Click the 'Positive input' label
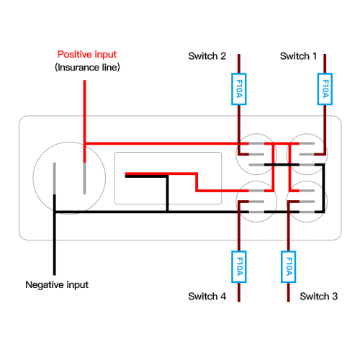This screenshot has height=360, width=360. coord(87,55)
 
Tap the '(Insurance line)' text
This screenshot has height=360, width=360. coord(87,67)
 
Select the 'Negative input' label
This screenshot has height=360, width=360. coord(57,285)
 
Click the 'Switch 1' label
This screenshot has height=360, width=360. coord(298,56)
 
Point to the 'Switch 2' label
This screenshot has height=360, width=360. coord(207,56)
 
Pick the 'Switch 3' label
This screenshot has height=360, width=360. coord(319,297)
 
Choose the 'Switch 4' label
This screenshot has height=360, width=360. coord(207,297)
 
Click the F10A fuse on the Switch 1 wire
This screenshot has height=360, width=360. coord(325,89)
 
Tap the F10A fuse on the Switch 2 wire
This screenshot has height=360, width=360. coord(239,89)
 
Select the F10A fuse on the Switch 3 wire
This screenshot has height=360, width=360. coord(288,266)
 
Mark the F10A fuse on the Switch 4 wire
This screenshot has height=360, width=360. coord(239,266)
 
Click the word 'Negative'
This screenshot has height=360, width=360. coord(45,285)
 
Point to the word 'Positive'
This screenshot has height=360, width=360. coord(75,55)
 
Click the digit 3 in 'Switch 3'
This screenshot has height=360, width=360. coord(335,297)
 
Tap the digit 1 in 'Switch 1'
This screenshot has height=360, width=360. coord(315,56)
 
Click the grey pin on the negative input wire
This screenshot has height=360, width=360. coord(55,179)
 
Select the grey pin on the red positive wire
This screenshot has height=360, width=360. coord(84,179)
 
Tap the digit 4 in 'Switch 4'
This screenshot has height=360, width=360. coord(223,297)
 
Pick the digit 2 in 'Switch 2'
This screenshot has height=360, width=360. coord(223,56)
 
